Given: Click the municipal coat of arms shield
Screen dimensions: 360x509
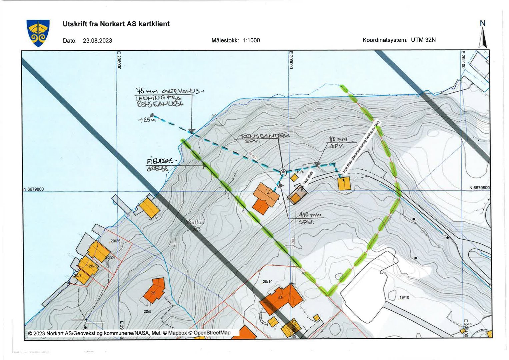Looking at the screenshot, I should pyautogui.click(x=38, y=33).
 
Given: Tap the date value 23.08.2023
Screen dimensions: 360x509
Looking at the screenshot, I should pyautogui.click(x=97, y=41).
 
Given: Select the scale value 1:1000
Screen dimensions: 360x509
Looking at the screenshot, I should pyautogui.click(x=251, y=40).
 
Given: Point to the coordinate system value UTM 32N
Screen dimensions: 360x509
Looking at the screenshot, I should pyautogui.click(x=423, y=40).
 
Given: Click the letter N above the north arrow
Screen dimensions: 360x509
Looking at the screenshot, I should pyautogui.click(x=482, y=23).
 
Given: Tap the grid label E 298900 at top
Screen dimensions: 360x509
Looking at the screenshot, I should pyautogui.click(x=119, y=60).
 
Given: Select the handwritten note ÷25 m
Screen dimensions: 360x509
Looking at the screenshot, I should pyautogui.click(x=147, y=119).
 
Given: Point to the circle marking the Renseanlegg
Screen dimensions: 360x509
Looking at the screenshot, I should pyautogui.click(x=283, y=172).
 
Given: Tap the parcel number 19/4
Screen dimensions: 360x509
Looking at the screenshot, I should pyautogui.click(x=300, y=172).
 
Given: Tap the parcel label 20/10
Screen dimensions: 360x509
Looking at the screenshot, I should pyautogui.click(x=267, y=282).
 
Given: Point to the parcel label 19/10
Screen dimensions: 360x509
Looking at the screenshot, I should pyautogui.click(x=404, y=297).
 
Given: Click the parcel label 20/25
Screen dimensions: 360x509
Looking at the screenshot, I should pyautogui.click(x=115, y=241).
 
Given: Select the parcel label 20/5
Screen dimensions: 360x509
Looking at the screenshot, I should pyautogui.click(x=147, y=312).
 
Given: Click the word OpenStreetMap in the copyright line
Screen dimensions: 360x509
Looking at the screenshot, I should pyautogui.click(x=212, y=333).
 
